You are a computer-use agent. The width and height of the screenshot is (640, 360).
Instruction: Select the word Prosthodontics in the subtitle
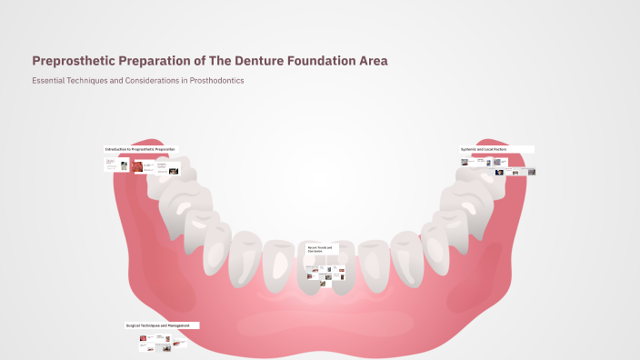215,81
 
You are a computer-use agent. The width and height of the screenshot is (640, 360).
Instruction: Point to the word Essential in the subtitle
49,81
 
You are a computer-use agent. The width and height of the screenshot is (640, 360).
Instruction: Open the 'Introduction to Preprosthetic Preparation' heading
141,149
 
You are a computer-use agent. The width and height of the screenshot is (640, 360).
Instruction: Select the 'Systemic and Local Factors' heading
484,149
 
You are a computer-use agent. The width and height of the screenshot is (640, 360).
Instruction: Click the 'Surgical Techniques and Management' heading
157,325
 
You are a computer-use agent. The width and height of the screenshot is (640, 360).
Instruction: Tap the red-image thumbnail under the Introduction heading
137,166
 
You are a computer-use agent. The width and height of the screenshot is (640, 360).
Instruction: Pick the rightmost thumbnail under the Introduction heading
174,169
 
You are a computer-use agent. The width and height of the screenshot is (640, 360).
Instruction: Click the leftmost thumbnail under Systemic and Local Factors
465,162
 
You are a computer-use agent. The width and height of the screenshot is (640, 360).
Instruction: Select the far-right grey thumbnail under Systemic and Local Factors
531,172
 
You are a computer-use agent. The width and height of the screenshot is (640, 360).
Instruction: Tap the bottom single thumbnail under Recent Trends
323,284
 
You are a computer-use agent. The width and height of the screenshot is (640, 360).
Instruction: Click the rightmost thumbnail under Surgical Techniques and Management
182,345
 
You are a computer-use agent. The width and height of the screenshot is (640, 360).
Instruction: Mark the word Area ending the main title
374,61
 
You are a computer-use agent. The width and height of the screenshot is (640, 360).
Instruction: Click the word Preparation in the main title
159,61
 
